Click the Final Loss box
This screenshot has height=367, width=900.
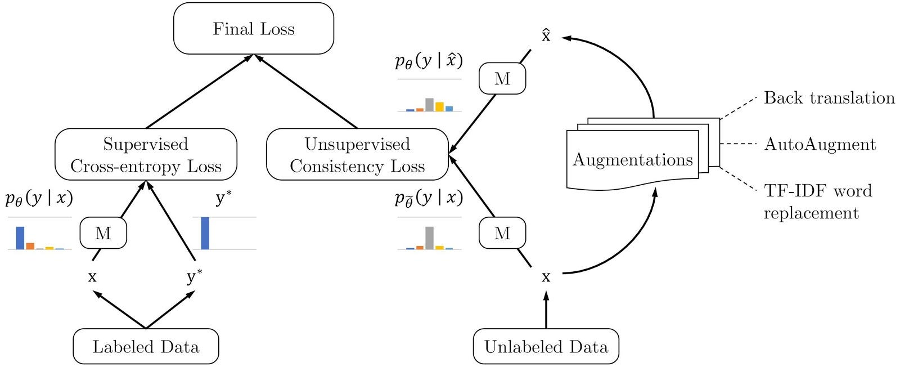254,29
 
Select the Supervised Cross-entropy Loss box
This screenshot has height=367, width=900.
146,155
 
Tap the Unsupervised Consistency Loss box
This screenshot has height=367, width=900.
357,155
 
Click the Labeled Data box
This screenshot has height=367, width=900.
146,346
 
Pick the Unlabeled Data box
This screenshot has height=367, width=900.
546,346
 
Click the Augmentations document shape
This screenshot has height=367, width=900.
633,160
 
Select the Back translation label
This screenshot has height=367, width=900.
829,98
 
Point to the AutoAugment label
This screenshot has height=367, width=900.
820,144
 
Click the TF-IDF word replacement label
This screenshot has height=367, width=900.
817,202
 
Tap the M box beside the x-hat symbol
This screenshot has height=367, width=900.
502,79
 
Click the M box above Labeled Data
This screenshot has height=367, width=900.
103,233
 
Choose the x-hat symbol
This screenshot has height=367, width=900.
546,36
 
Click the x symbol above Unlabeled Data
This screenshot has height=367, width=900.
546,277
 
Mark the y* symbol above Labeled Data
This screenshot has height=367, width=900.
195,276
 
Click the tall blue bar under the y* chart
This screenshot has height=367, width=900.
205,233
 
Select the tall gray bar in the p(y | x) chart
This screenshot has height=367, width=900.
429,238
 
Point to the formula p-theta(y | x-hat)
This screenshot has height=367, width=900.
429,60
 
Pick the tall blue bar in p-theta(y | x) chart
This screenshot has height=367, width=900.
20,238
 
